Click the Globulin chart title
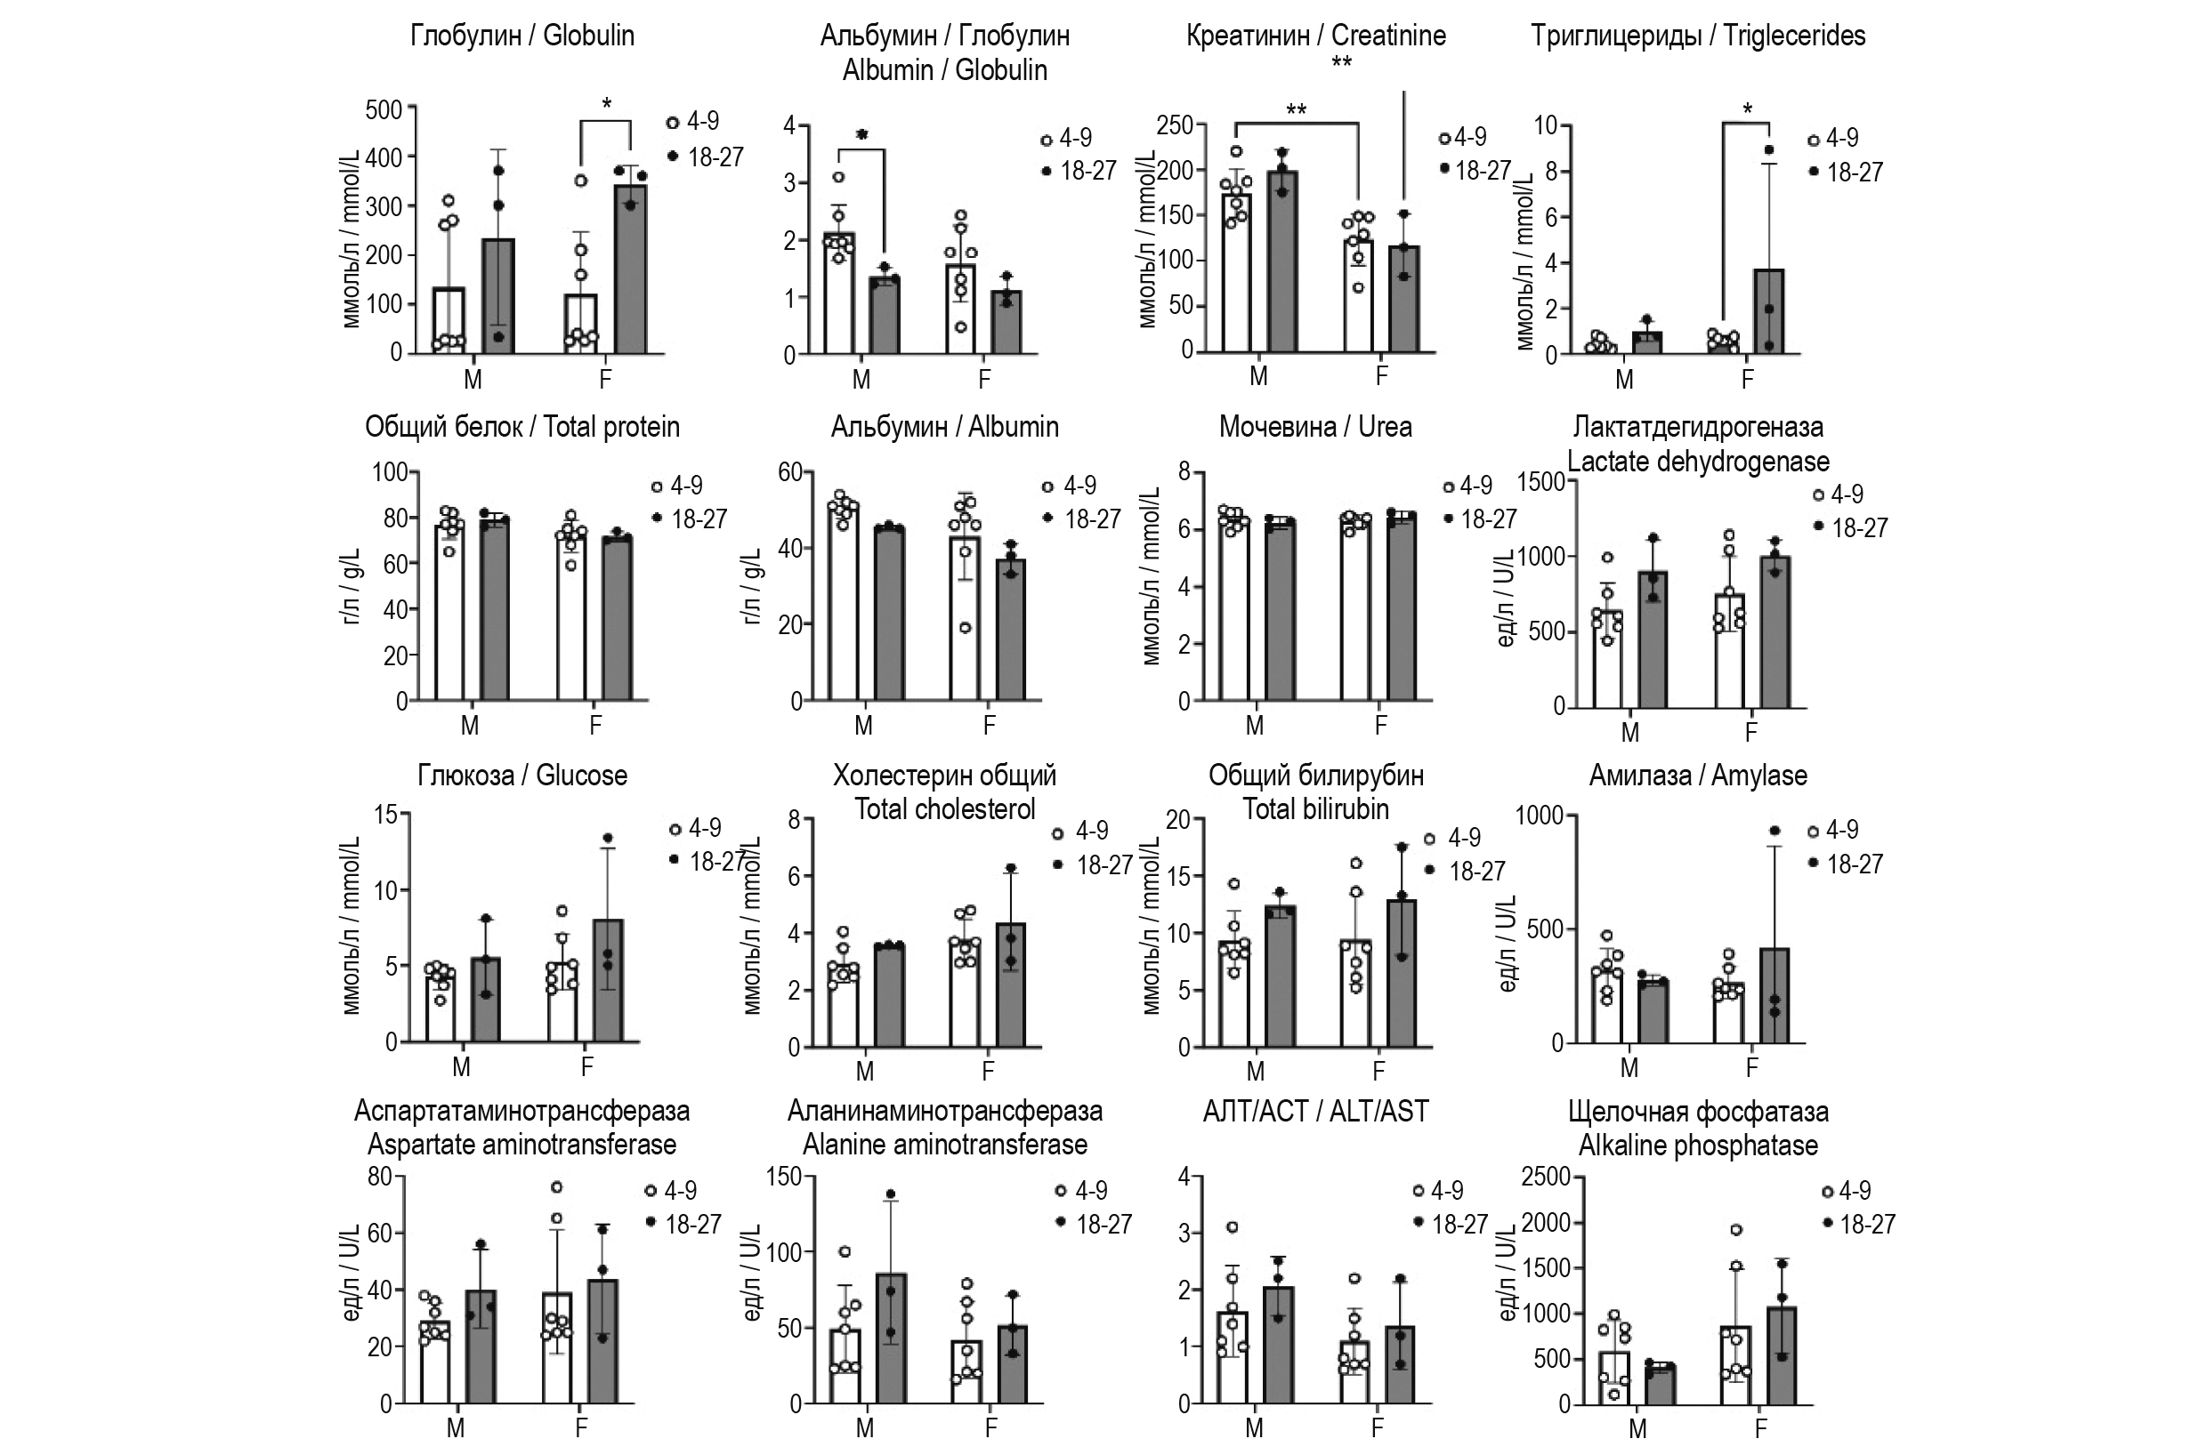click(522, 36)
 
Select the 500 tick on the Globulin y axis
click(383, 110)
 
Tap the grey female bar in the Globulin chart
click(631, 269)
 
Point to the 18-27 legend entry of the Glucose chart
click(715, 862)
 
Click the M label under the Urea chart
click(1255, 725)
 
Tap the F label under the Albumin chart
click(989, 725)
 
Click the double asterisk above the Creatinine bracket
click(1296, 111)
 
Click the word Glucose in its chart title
click(581, 775)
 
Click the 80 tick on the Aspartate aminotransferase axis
click(380, 1178)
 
